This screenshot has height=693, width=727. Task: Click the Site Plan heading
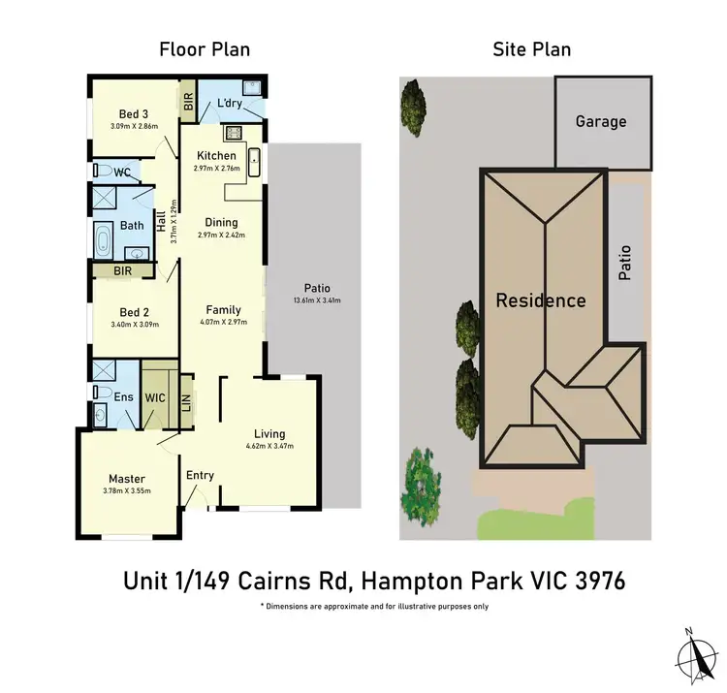532,48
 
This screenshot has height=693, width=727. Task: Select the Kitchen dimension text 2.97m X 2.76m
216,168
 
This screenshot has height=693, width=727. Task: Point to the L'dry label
229,104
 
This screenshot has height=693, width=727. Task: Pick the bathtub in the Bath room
104,239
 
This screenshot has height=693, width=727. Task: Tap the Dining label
221,222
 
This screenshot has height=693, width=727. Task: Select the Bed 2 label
134,312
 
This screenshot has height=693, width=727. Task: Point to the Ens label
124,396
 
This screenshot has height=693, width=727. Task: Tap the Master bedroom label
127,479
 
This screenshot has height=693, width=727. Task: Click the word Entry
200,475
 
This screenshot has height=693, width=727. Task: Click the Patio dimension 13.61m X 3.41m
317,300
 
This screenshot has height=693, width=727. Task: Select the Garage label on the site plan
601,122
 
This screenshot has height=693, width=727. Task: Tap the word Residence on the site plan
541,300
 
